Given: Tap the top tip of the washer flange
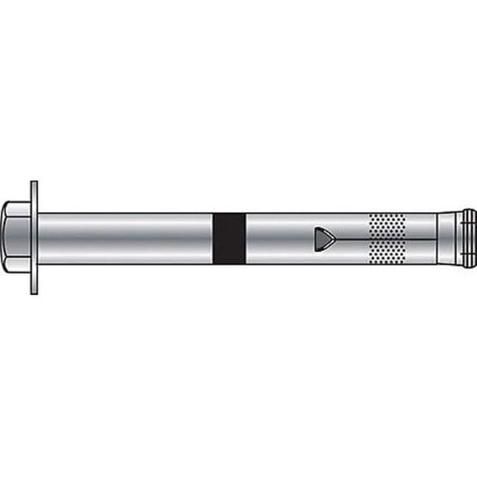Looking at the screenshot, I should coord(34,184).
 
